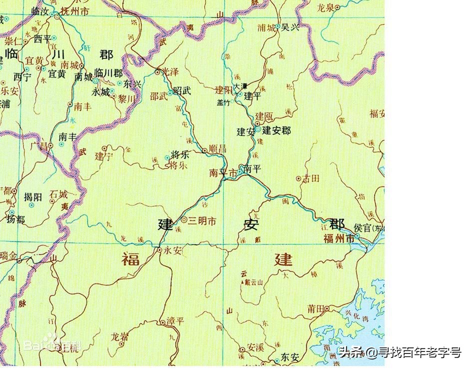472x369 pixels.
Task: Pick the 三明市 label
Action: (202, 220)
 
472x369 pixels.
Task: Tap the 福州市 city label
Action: (339, 238)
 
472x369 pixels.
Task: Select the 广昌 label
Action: (38, 146)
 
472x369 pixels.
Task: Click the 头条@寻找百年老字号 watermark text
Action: (400, 352)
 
